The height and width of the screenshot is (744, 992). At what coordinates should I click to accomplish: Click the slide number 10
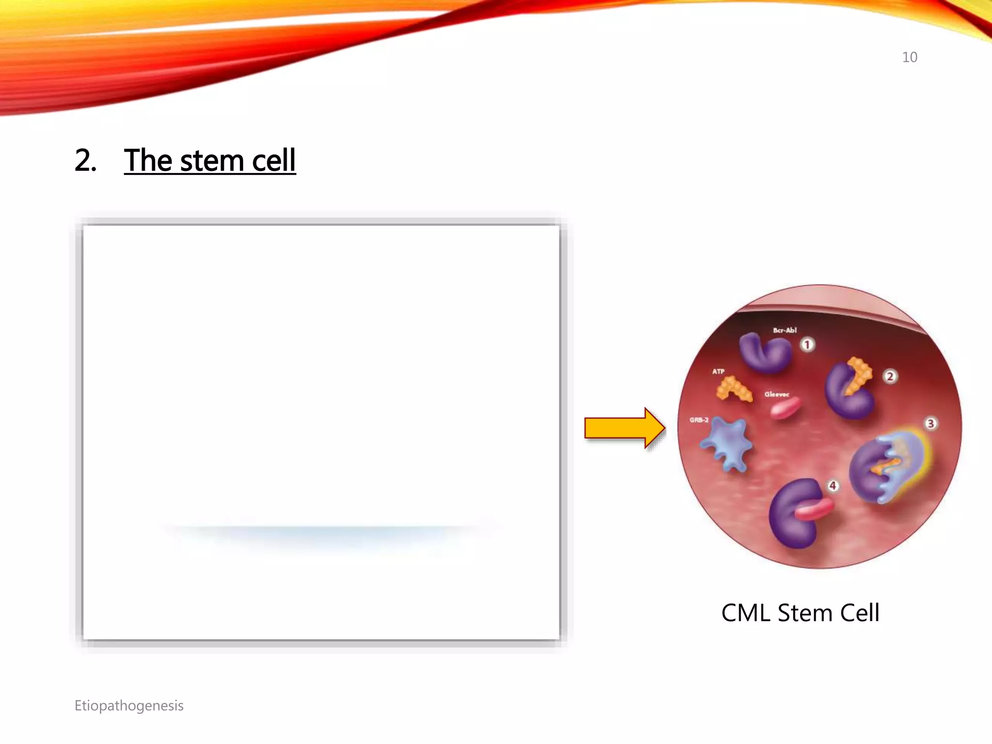click(x=909, y=57)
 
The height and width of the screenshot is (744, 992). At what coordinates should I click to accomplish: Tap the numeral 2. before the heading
click(x=85, y=160)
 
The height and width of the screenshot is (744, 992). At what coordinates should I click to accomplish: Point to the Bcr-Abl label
click(x=784, y=330)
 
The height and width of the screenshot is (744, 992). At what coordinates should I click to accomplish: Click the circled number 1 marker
click(x=807, y=344)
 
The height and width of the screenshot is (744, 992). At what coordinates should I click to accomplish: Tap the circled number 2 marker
click(x=890, y=376)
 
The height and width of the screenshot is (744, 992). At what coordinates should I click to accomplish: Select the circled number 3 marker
click(x=930, y=424)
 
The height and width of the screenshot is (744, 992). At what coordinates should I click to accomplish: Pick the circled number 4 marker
click(x=833, y=485)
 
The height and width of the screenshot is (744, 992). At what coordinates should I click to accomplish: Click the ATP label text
click(x=718, y=372)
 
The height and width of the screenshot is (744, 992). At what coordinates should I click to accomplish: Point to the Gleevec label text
click(x=776, y=394)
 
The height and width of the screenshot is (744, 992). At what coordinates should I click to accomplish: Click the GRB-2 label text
click(x=698, y=420)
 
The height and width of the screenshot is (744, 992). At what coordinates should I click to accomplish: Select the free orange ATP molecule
click(x=733, y=389)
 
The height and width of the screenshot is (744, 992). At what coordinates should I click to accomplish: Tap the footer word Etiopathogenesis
click(x=129, y=706)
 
